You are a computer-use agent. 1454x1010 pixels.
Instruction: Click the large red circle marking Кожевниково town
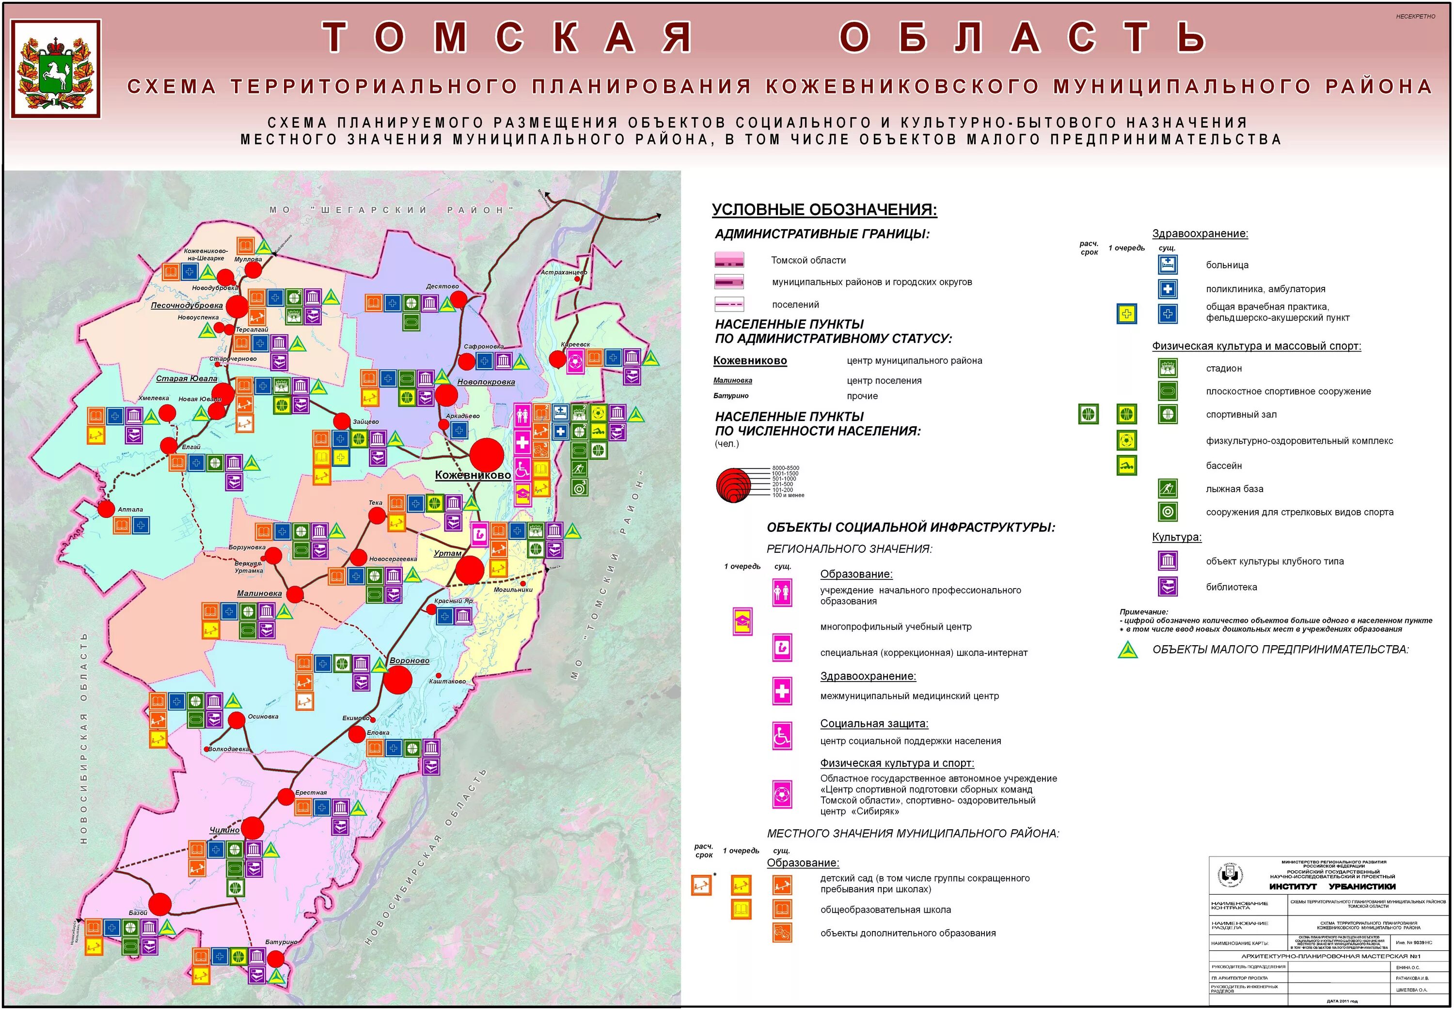click(x=487, y=454)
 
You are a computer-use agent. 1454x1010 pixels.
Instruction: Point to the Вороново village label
click(x=409, y=661)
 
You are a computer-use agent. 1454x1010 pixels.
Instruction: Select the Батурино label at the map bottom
click(x=281, y=942)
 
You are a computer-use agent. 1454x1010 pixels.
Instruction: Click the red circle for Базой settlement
click(x=160, y=904)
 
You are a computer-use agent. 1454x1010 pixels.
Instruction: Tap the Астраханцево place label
click(x=563, y=272)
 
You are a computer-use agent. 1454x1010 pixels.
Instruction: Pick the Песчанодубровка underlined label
click(x=187, y=305)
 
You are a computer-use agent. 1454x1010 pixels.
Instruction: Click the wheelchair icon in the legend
click(x=782, y=735)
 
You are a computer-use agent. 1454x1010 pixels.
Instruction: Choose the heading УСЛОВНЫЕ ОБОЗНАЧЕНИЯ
click(x=824, y=209)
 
